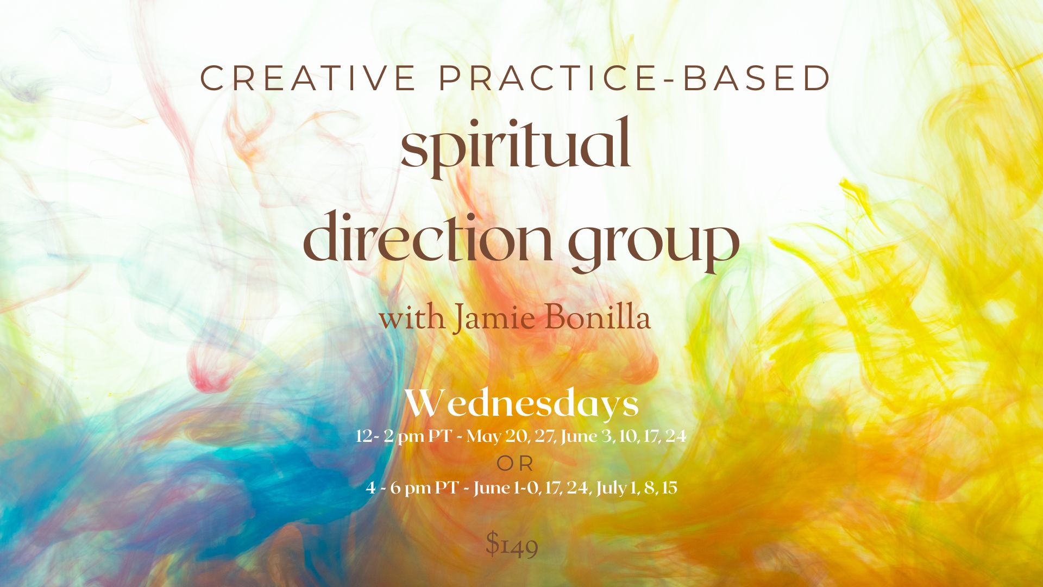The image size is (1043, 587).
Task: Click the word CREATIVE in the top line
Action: [308, 78]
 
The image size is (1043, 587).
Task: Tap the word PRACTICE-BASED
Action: [635, 78]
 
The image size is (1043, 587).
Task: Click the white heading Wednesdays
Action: [522, 405]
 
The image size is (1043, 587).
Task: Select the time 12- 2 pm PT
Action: [403, 436]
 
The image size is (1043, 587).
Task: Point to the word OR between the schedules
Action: [516, 464]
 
